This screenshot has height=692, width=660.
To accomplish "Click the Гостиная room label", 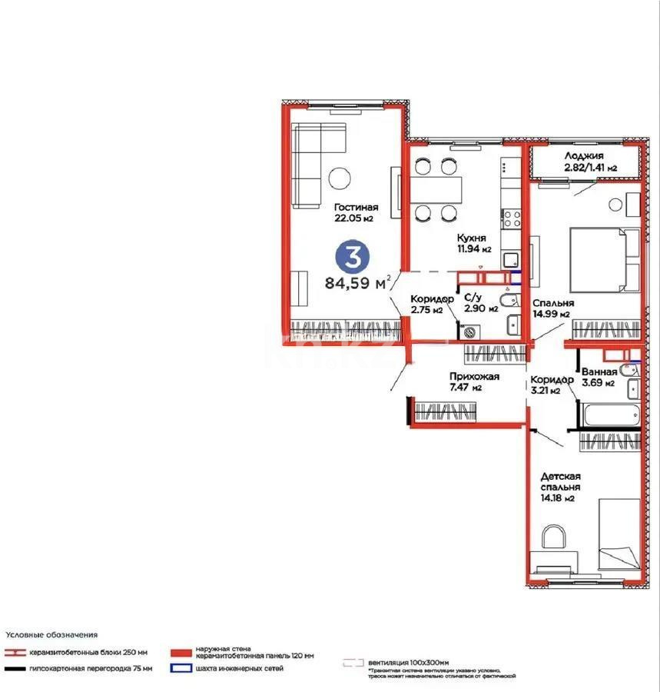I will (356, 212).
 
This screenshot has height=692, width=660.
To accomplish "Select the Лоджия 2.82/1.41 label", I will (585, 161).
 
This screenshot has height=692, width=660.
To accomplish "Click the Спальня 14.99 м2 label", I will (552, 308).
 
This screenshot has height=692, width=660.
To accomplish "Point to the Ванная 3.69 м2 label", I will (599, 377).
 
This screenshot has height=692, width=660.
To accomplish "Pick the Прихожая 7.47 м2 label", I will (474, 381).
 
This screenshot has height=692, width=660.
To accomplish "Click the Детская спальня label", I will (559, 487).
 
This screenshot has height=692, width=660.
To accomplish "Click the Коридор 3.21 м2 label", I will (552, 384).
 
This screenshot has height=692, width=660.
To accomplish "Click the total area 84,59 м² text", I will (358, 283).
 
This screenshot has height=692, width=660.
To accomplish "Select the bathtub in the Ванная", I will (607, 414).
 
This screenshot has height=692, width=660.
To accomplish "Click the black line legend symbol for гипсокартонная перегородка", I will (15, 668).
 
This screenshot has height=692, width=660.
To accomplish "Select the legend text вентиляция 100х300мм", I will (409, 661).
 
